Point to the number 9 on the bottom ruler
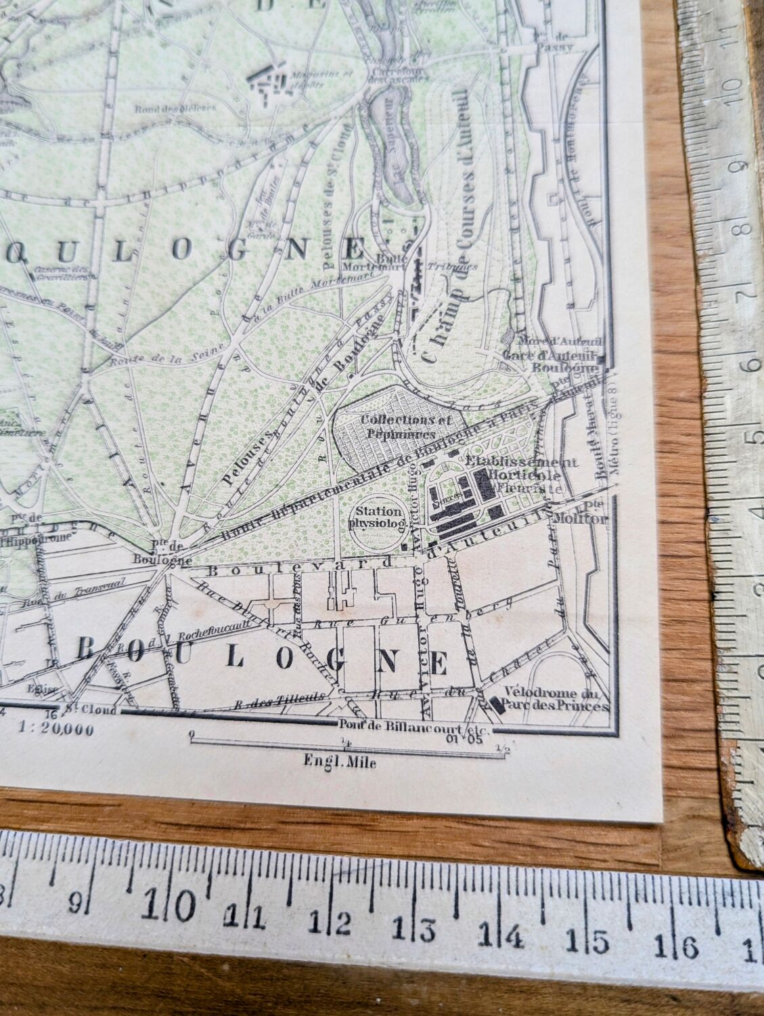coord(78,902)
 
